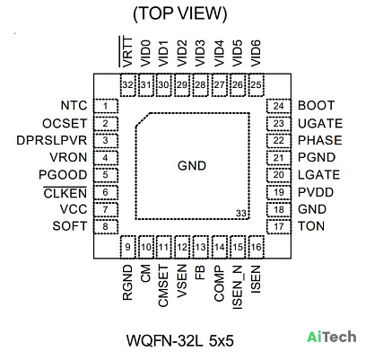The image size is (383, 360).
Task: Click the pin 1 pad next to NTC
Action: (x=106, y=106)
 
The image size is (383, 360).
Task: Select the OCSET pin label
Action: (x=65, y=124)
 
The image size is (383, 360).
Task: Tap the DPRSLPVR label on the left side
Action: (x=52, y=140)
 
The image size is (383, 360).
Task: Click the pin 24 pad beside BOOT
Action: (x=279, y=106)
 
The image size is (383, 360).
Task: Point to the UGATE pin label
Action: (x=320, y=124)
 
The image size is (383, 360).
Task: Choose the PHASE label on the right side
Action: (x=320, y=140)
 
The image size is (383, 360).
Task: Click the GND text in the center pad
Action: (x=192, y=166)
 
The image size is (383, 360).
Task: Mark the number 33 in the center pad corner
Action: (x=241, y=214)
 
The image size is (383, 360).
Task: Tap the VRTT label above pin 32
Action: (x=126, y=51)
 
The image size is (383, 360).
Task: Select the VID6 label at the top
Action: (x=256, y=53)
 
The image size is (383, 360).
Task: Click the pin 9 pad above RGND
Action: (x=128, y=247)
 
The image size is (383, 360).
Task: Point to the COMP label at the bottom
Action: (x=219, y=284)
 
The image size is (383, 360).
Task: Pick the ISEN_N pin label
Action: (x=238, y=287)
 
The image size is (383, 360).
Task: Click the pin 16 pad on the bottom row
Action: (x=257, y=247)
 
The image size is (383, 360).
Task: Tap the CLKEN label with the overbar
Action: (x=65, y=193)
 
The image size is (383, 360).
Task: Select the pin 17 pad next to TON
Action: (x=279, y=226)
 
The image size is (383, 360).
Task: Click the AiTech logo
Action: (x=332, y=337)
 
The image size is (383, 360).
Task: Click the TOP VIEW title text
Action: (x=180, y=13)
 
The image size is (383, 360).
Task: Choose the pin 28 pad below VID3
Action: (x=200, y=85)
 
